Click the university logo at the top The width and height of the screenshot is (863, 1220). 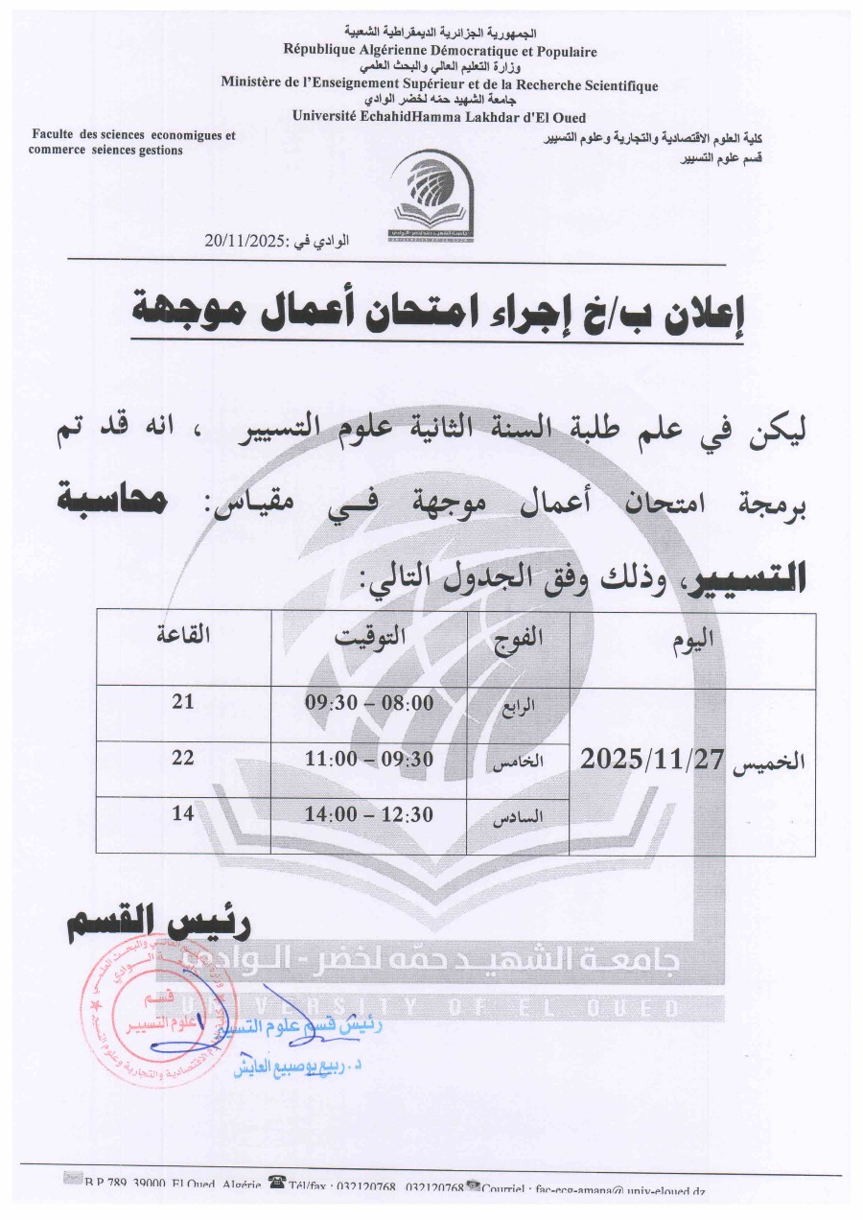(x=431, y=199)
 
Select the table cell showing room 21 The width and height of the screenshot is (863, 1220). (x=183, y=702)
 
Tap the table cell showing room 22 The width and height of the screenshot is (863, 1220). (x=183, y=758)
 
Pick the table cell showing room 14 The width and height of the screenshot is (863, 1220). (x=183, y=813)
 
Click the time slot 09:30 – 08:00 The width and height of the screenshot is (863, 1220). (x=369, y=702)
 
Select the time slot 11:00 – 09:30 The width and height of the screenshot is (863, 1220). (x=369, y=758)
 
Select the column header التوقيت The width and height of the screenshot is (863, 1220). (x=369, y=635)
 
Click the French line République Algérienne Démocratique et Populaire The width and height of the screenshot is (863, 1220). (x=439, y=52)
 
